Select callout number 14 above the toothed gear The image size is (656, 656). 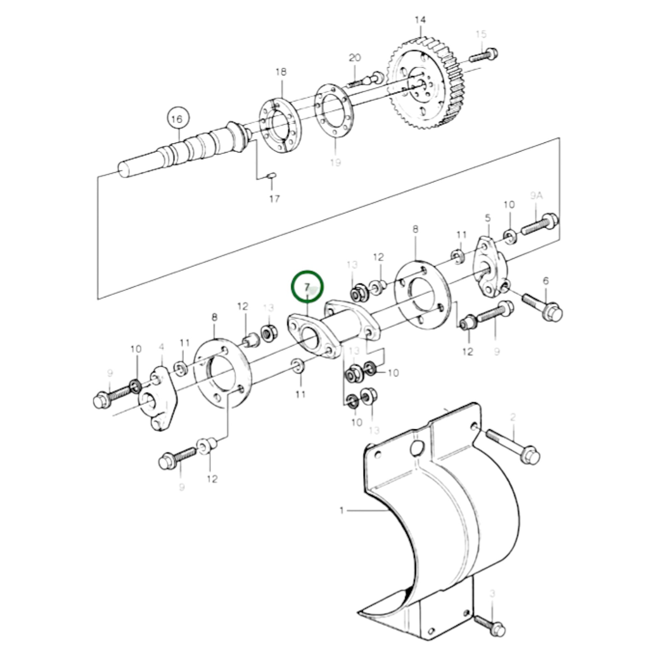[420, 20]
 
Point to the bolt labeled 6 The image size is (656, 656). [542, 306]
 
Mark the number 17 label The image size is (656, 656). [274, 199]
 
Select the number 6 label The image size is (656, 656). [546, 281]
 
